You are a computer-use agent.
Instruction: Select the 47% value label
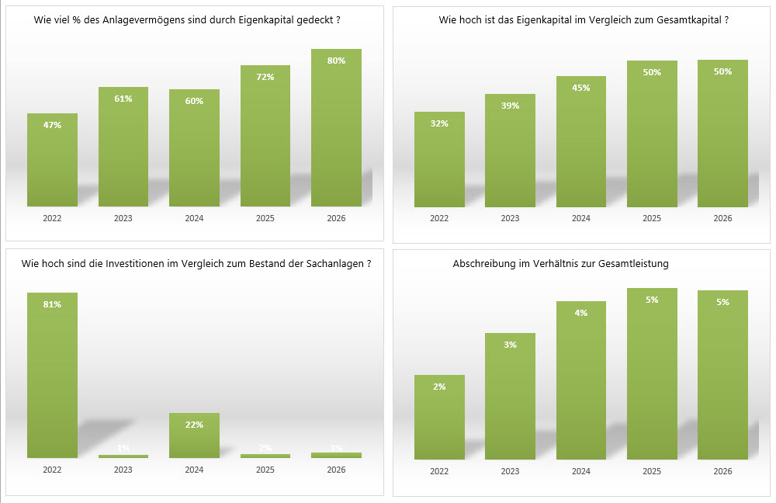(x=52, y=125)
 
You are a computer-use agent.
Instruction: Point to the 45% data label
(x=581, y=88)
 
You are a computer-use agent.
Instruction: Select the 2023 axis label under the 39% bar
(x=510, y=218)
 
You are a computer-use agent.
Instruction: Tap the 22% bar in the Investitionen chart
(x=194, y=435)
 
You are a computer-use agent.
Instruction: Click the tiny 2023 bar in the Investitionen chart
(x=123, y=456)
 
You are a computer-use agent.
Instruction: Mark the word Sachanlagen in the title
(x=335, y=263)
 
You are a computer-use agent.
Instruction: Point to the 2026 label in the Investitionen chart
(x=336, y=470)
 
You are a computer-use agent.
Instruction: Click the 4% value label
(x=581, y=313)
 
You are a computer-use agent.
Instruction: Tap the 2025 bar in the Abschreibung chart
(x=652, y=373)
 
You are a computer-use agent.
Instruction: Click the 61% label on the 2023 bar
(x=123, y=99)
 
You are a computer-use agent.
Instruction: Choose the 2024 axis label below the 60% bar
(x=194, y=218)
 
